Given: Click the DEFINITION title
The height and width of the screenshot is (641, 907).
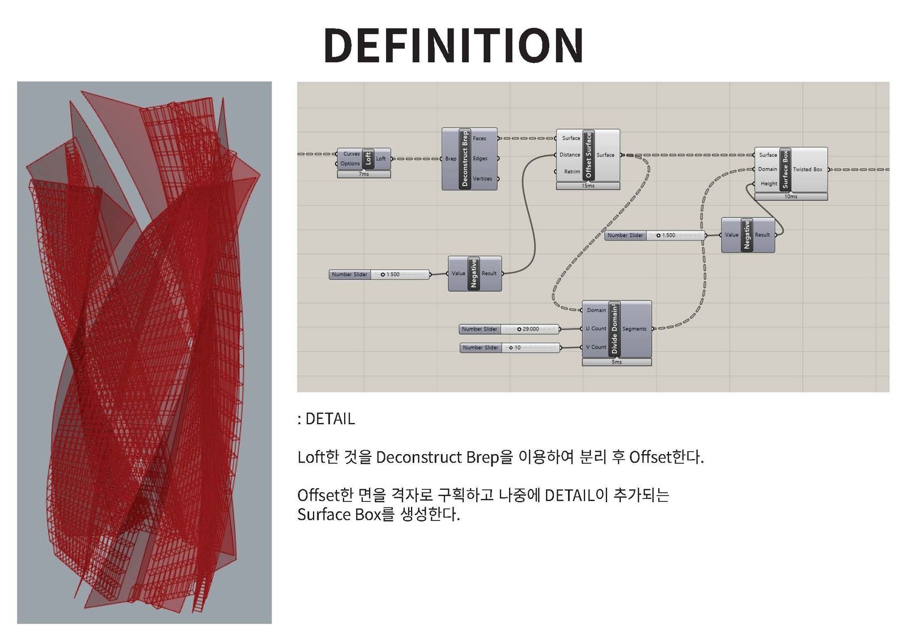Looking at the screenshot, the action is click(453, 45).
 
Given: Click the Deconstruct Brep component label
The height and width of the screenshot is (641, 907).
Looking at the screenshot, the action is click(464, 159).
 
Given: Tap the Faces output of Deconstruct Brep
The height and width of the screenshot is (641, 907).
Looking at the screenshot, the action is click(480, 138).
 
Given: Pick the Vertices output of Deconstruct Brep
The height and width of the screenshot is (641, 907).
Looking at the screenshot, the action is click(482, 179).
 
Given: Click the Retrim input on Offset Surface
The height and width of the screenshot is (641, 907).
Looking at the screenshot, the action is click(572, 172).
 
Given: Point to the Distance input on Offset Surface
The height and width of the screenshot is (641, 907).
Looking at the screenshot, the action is click(570, 155).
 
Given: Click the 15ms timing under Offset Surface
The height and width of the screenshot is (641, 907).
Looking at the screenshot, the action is click(588, 186).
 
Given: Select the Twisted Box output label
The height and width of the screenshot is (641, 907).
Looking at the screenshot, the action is click(807, 169).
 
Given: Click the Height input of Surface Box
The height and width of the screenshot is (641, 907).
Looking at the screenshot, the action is click(769, 183).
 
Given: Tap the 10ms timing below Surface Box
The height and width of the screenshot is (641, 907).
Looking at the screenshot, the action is click(791, 196).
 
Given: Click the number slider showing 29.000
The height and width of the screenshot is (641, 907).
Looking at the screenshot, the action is click(510, 329).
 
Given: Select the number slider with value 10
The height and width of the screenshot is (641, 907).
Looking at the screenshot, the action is click(510, 348).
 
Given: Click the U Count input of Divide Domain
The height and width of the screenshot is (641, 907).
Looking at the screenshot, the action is click(596, 328).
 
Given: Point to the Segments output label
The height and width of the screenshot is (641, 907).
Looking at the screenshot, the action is click(634, 329).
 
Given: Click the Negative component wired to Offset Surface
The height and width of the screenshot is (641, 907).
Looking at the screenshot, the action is click(475, 274).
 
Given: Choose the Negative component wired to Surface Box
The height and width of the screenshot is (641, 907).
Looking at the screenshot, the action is click(748, 235).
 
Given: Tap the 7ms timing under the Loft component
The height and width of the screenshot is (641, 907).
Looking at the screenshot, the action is click(363, 174).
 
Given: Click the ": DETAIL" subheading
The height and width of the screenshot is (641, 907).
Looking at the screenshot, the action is click(326, 419).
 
